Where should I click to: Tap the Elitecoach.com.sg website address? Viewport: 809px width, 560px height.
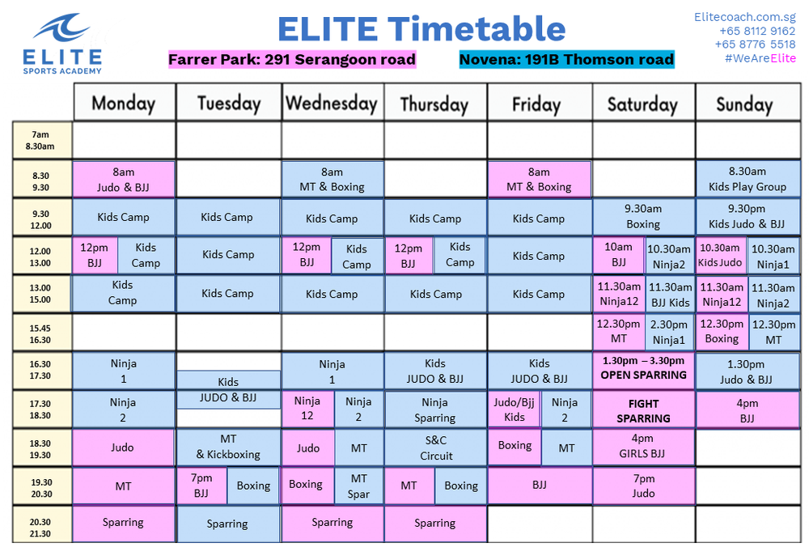[x=744, y=16]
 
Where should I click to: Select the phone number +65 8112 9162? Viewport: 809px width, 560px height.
[x=756, y=31]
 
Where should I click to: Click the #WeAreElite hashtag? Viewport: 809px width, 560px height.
[x=760, y=58]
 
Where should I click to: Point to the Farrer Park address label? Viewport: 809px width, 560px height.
[x=292, y=59]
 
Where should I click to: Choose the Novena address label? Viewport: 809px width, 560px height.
[x=566, y=59]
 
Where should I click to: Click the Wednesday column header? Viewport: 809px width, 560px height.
[x=332, y=103]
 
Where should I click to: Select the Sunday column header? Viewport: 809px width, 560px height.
[x=744, y=104]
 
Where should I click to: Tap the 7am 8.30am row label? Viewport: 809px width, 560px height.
[x=41, y=141]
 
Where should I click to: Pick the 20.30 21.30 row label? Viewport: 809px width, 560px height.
[x=41, y=528]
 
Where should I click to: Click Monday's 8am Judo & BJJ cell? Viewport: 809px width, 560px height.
[x=123, y=179]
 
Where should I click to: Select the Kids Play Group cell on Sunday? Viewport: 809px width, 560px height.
[x=747, y=179]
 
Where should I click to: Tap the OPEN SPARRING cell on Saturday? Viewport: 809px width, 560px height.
[x=643, y=368]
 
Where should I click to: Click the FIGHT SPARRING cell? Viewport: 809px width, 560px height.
[x=643, y=410]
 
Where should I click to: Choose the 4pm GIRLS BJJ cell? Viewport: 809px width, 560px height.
[x=643, y=447]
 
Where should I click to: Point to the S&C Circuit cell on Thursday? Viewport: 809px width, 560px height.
[x=435, y=448]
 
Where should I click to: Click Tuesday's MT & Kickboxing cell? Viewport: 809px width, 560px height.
[x=228, y=447]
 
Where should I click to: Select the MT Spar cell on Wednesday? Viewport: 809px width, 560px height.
[x=358, y=486]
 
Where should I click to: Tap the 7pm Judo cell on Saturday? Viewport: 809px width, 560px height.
[x=643, y=486]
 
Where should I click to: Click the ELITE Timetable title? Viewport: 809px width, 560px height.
[x=421, y=29]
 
